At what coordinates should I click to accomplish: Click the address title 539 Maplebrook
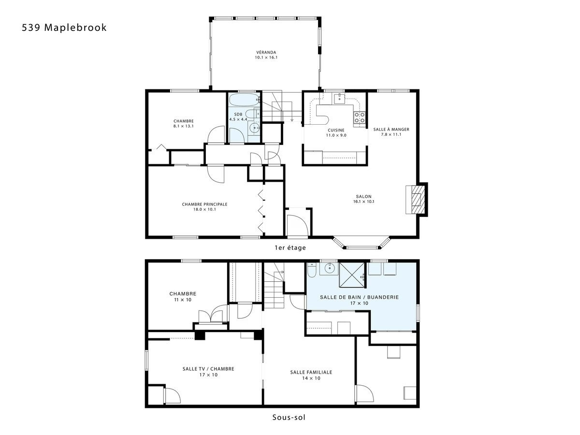coord(64,28)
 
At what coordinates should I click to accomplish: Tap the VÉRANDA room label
coord(266,52)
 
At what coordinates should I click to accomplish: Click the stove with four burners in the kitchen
coord(360,117)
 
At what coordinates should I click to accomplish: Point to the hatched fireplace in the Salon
coord(417,200)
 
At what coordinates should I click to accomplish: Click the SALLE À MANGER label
coord(391,130)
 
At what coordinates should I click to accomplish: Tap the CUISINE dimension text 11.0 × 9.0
coord(336,135)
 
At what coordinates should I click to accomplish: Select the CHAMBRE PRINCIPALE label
coord(204,204)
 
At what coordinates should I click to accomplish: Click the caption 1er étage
coord(290,248)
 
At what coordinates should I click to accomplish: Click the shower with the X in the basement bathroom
coord(352,275)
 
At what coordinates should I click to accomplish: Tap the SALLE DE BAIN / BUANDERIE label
coord(360,297)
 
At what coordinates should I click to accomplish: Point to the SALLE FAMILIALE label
coord(311,372)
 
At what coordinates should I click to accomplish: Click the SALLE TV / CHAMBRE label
coord(208,369)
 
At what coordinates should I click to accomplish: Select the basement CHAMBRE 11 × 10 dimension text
coord(183,300)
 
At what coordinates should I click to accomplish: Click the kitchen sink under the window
coord(339,99)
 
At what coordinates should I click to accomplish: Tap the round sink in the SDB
coord(255,129)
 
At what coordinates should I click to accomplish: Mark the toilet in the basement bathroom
coord(312,271)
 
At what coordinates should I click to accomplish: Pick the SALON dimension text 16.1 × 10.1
coord(364,202)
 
